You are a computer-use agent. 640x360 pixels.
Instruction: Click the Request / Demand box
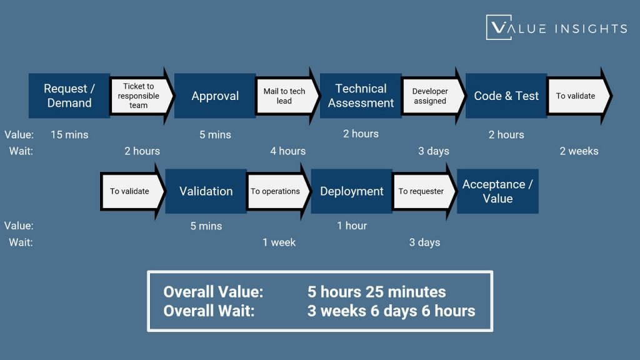[x=69, y=96]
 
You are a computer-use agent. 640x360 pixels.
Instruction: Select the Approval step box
[x=215, y=96]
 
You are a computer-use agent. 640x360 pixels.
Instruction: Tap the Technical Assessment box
[x=361, y=96]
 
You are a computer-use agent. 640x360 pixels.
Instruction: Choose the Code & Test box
[x=506, y=96]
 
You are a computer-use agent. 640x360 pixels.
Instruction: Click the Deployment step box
[x=352, y=191]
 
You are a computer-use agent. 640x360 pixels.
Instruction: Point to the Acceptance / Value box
[x=497, y=191]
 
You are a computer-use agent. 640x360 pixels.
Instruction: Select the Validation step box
[x=206, y=191]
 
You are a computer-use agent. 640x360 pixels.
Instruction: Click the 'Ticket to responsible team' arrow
[x=140, y=96]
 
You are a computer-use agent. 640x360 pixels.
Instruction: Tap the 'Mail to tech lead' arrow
[x=286, y=96]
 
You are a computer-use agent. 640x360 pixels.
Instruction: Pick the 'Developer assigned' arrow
[x=431, y=96]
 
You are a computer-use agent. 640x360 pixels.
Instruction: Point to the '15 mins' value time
[x=69, y=134]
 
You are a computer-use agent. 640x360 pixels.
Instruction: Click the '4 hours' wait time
[x=287, y=151]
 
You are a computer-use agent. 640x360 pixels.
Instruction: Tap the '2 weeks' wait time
[x=579, y=151]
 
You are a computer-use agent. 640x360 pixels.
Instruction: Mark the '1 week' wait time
[x=279, y=242]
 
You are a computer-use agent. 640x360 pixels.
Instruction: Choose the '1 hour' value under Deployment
[x=352, y=226]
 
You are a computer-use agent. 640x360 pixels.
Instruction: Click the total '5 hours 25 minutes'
[x=376, y=292]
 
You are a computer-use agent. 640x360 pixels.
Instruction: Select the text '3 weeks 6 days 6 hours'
[x=391, y=311]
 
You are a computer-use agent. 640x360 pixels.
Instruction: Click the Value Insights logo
[x=556, y=27]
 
